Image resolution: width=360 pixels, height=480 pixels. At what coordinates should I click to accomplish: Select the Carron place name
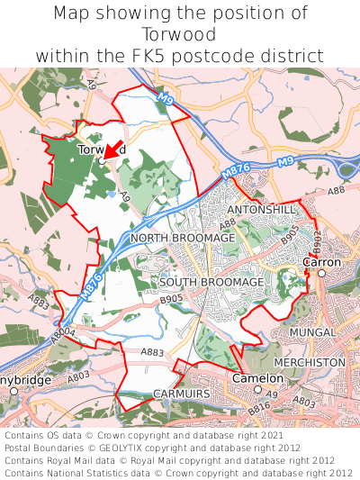tap(321, 263)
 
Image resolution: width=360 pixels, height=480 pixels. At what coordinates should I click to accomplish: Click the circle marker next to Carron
tap(321, 273)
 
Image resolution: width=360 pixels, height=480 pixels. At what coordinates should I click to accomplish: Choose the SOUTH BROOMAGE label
tap(211, 282)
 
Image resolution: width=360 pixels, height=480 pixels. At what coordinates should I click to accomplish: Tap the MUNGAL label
tap(312, 333)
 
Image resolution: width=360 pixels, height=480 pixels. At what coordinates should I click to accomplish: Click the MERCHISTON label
tap(311, 362)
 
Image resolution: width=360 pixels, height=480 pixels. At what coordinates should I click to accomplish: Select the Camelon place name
tap(257, 379)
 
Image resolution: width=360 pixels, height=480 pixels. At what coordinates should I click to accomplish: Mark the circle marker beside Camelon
tap(256, 390)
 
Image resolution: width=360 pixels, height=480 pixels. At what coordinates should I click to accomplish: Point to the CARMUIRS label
tap(181, 394)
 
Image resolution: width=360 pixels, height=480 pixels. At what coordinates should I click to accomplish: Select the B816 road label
tap(259, 407)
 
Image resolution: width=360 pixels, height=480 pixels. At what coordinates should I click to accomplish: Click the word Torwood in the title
tap(180, 35)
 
